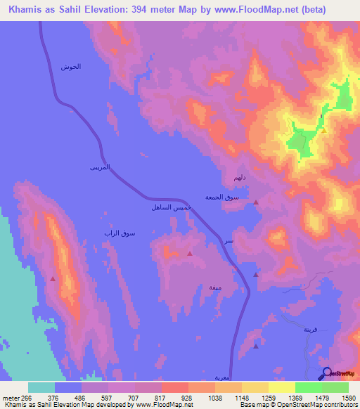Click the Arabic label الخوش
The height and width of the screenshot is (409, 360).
(71, 67)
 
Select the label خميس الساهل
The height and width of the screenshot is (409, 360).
(167, 209)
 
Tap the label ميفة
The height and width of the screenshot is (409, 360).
(215, 287)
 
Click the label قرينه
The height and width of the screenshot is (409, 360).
(311, 329)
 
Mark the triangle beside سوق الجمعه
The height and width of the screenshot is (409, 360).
(256, 202)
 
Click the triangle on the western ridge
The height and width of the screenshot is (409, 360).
(53, 279)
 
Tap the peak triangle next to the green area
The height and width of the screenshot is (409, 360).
(323, 130)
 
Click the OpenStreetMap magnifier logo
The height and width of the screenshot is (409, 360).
(327, 373)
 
